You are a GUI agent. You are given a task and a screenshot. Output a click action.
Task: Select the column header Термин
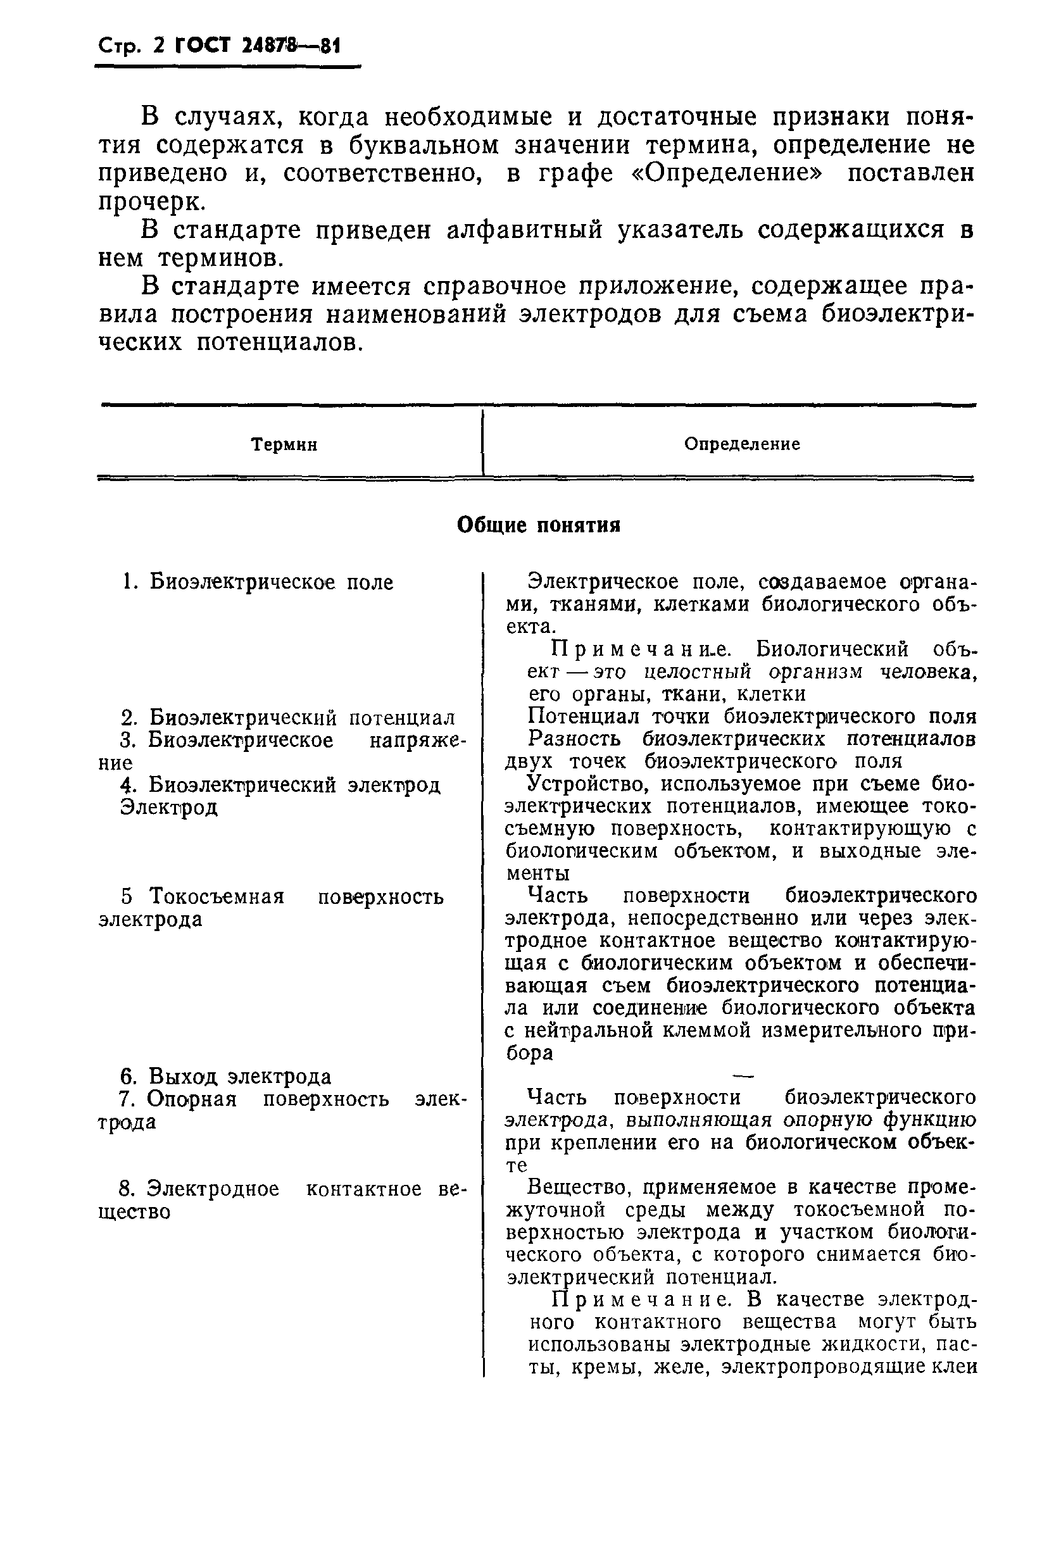pos(284,444)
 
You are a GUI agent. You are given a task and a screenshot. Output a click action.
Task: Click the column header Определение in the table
pos(742,444)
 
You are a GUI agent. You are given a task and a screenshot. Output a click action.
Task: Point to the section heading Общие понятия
pos(538,525)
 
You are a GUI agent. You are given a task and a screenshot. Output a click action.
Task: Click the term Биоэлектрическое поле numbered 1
pos(270,582)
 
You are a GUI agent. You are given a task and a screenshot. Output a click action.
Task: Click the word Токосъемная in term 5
pos(217,896)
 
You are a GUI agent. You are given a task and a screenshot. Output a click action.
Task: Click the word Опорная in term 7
pos(191,1099)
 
